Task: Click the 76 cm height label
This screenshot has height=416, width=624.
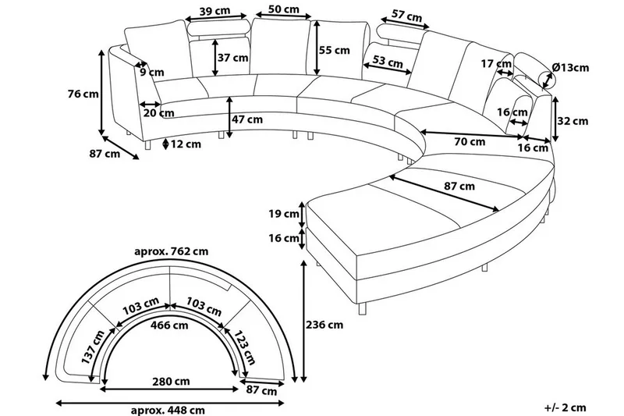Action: coord(83,94)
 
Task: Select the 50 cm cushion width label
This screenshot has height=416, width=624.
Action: coord(283,9)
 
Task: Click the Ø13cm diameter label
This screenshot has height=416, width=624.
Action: coord(569,68)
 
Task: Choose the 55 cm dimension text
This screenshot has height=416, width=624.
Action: coord(335,50)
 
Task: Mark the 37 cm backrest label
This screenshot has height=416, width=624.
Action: coord(233,57)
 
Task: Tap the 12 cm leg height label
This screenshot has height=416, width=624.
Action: coord(186,144)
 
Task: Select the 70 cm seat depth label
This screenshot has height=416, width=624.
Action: coord(469,142)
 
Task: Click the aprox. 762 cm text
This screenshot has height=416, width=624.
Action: coord(172,251)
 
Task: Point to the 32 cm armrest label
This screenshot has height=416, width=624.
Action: coord(573,121)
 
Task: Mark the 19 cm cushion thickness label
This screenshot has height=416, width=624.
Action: coord(282,213)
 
